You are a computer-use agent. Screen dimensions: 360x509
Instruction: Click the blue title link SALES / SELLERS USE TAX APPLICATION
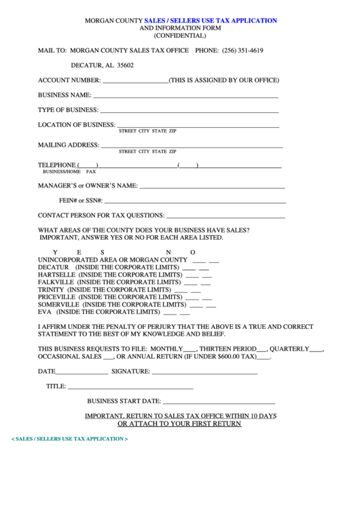coord(211,21)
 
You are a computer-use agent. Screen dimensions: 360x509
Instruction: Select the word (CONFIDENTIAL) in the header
coord(180,35)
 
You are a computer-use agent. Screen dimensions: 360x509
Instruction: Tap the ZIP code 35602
coord(125,65)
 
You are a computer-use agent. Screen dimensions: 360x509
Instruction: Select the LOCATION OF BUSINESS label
coord(77,125)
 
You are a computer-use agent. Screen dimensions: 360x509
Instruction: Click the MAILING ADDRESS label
coord(69,145)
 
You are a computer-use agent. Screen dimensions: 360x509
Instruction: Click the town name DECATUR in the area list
coord(52,267)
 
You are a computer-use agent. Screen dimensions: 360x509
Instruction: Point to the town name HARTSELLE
coord(56,275)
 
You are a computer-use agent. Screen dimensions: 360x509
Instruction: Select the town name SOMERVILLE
coord(57,304)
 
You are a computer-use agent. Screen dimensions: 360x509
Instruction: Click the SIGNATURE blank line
coord(204,372)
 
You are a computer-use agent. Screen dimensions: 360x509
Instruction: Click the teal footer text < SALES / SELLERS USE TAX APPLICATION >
coord(70,439)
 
